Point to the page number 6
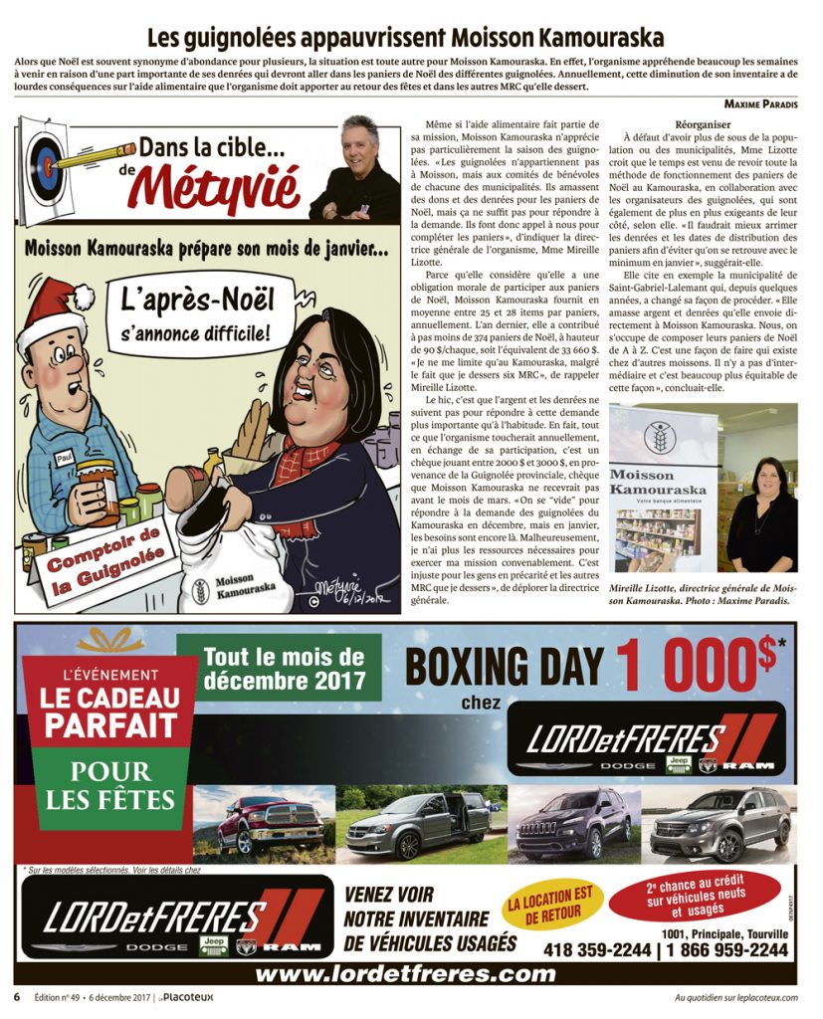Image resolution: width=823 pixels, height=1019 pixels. point(17,996)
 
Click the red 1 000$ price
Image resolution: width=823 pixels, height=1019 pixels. point(697,668)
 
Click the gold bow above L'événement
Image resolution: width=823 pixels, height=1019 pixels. point(109,639)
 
